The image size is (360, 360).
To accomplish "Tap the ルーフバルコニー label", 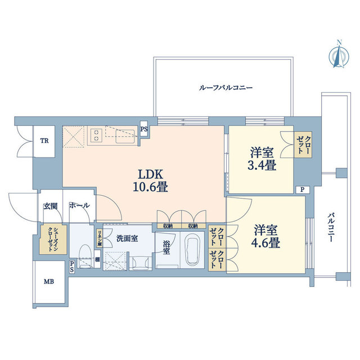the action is (x=226, y=88).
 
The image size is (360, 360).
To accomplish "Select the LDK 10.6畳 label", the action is (x=151, y=181).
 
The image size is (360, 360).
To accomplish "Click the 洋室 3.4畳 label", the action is (x=262, y=159).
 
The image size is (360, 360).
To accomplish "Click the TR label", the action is (x=44, y=141).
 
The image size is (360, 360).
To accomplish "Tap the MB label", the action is (x=49, y=281).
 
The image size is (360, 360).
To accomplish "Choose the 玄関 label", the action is (x=50, y=206).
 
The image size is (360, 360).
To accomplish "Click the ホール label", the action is (x=79, y=205).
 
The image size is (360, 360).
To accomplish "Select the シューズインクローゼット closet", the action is (x=53, y=240).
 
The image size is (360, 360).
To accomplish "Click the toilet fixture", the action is (x=85, y=256).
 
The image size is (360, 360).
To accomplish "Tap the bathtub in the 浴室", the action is (x=192, y=250).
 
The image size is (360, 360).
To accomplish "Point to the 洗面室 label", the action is (x=127, y=238).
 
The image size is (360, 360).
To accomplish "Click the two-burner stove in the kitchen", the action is (x=96, y=135).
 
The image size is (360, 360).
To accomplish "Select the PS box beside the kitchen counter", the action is (x=144, y=129).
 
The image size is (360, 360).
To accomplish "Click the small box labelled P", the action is (x=303, y=190).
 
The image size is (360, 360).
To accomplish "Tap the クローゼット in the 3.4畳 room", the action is (x=304, y=145).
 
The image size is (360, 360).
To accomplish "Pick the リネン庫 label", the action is (x=100, y=238).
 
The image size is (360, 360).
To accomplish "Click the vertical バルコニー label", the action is (x=331, y=227).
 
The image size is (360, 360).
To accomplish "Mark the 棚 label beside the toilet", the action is (x=97, y=259).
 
